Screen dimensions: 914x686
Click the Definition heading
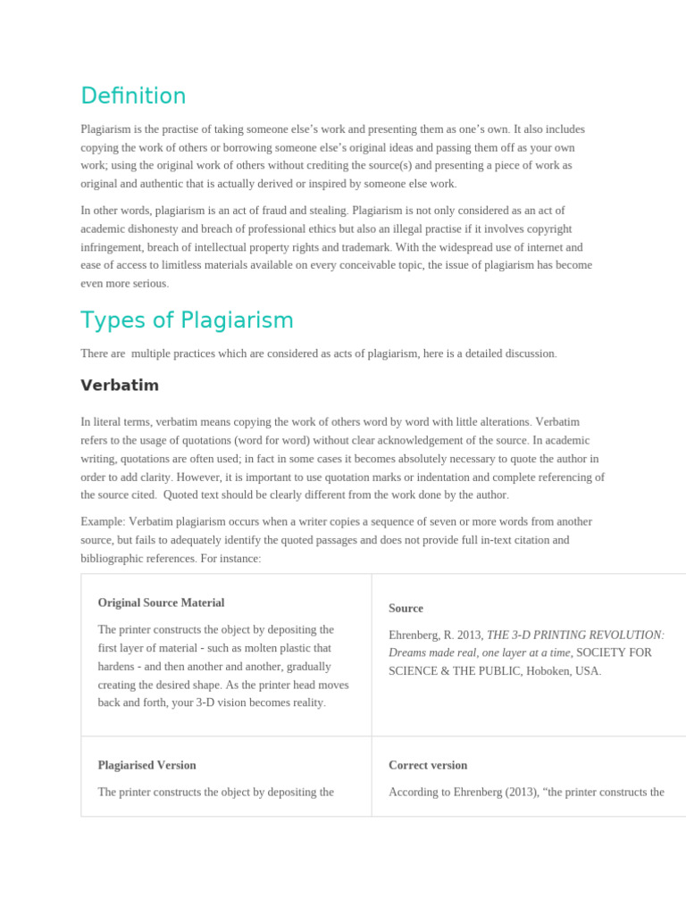click(x=133, y=96)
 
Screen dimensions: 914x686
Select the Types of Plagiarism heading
click(x=187, y=320)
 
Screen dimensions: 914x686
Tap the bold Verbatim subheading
click(x=120, y=386)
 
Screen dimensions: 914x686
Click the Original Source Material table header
click(x=161, y=602)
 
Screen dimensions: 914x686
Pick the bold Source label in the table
click(x=406, y=608)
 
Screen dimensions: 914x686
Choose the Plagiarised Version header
click(x=146, y=765)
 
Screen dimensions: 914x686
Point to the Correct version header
click(x=428, y=765)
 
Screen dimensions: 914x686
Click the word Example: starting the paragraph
click(x=103, y=521)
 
